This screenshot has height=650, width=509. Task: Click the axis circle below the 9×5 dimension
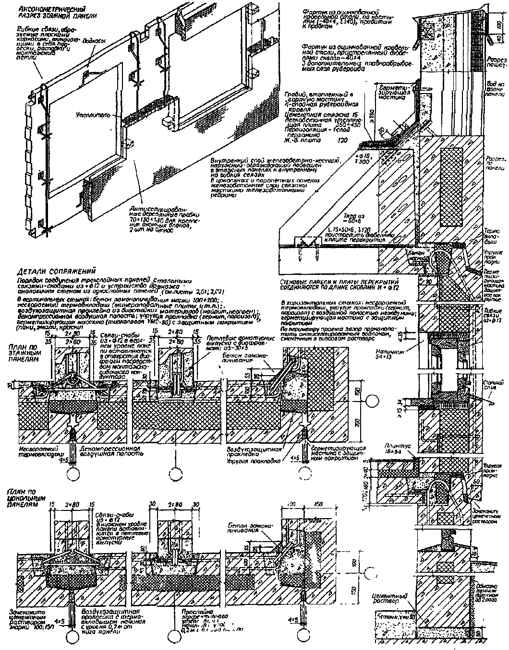pos(75,474)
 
